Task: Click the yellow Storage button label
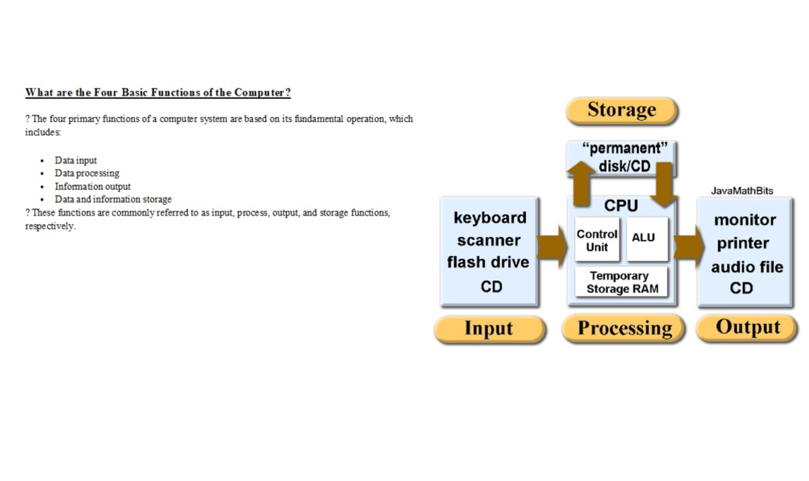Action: pos(622,110)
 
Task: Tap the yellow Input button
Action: pos(489,329)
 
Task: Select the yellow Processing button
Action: pos(624,328)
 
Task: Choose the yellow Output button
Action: pos(746,327)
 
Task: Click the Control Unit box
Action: pos(597,239)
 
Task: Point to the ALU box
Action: pos(647,239)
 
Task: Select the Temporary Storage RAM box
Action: pos(621,282)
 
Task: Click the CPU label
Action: pos(621,205)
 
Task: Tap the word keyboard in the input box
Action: pos(489,218)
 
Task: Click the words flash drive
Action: pos(488,262)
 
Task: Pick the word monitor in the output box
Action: pos(745,220)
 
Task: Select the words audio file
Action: pos(747,267)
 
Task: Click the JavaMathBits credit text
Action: pos(742,191)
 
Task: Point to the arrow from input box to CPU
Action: pos(552,247)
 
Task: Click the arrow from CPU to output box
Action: pos(689,247)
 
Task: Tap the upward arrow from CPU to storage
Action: pos(580,183)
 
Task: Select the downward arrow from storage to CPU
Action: pos(664,185)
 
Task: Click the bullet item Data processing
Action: pos(87,174)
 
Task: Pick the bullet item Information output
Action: pos(92,187)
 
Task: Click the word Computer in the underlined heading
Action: pos(262,93)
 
